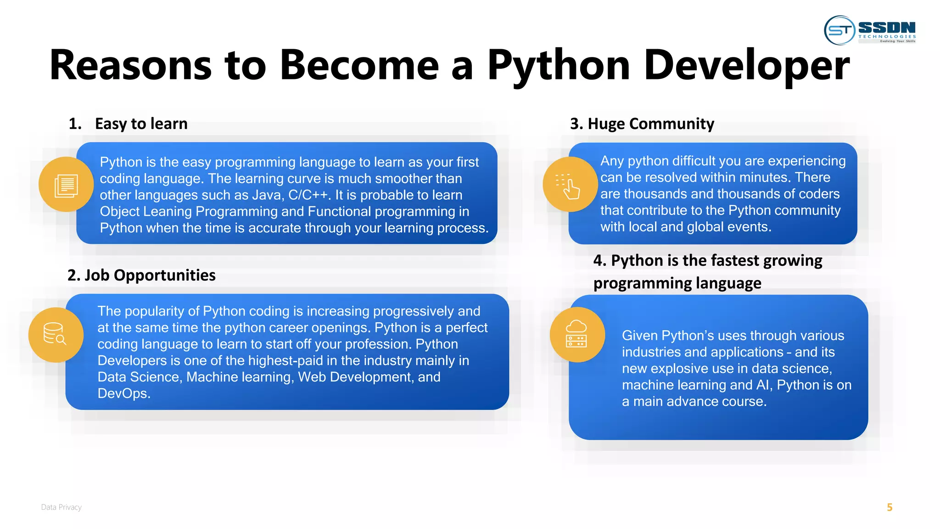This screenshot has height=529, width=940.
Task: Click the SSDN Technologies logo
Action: click(x=870, y=30)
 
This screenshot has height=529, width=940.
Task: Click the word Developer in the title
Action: click(x=746, y=66)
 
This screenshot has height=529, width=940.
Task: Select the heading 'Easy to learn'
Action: click(x=141, y=124)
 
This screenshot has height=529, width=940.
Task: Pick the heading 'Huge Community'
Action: click(x=650, y=124)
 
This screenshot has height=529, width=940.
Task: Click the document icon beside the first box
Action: click(x=66, y=185)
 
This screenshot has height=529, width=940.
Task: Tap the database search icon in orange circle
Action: click(x=56, y=334)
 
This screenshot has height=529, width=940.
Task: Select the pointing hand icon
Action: click(x=570, y=185)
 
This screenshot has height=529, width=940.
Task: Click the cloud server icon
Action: click(x=576, y=334)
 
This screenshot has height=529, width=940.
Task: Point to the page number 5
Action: click(x=890, y=507)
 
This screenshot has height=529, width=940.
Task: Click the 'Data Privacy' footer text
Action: click(x=61, y=507)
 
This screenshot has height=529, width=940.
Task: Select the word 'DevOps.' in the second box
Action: click(x=124, y=394)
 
